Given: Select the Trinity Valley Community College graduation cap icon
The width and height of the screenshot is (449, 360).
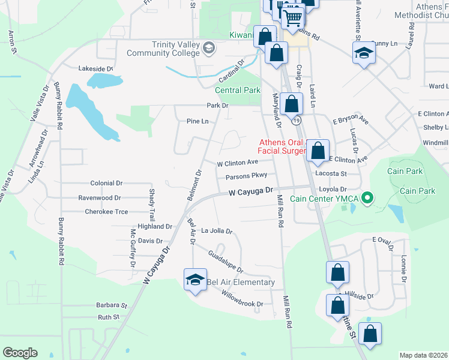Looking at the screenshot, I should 209,47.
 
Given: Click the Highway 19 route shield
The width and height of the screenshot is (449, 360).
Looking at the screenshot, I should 297,121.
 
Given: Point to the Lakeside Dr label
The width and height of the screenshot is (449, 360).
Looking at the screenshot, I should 96,69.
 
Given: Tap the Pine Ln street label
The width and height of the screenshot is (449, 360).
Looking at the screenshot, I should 197,121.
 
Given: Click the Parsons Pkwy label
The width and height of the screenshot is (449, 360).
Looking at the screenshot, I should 246,176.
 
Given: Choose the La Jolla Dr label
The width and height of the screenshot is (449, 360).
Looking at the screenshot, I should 216,230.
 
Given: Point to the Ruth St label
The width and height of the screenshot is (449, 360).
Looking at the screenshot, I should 109,317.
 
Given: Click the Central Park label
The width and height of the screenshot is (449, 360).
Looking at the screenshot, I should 238,91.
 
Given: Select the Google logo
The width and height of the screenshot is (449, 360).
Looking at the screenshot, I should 20,353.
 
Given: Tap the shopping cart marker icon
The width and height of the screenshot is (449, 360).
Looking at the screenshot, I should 292,17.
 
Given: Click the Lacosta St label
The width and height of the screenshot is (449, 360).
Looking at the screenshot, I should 332,173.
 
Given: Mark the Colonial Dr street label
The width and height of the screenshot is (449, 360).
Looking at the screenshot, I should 106,183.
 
